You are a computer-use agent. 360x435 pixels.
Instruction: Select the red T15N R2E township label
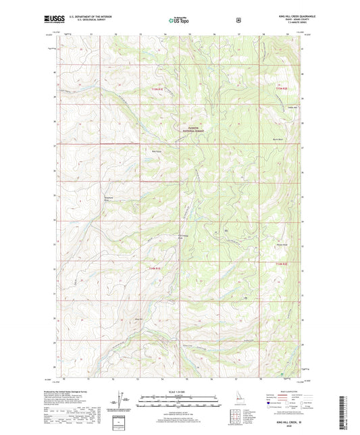[x=281, y=88]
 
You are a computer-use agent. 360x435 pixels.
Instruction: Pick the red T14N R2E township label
[x=281, y=263]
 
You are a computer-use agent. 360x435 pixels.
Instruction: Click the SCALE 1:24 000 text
[x=180, y=392]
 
